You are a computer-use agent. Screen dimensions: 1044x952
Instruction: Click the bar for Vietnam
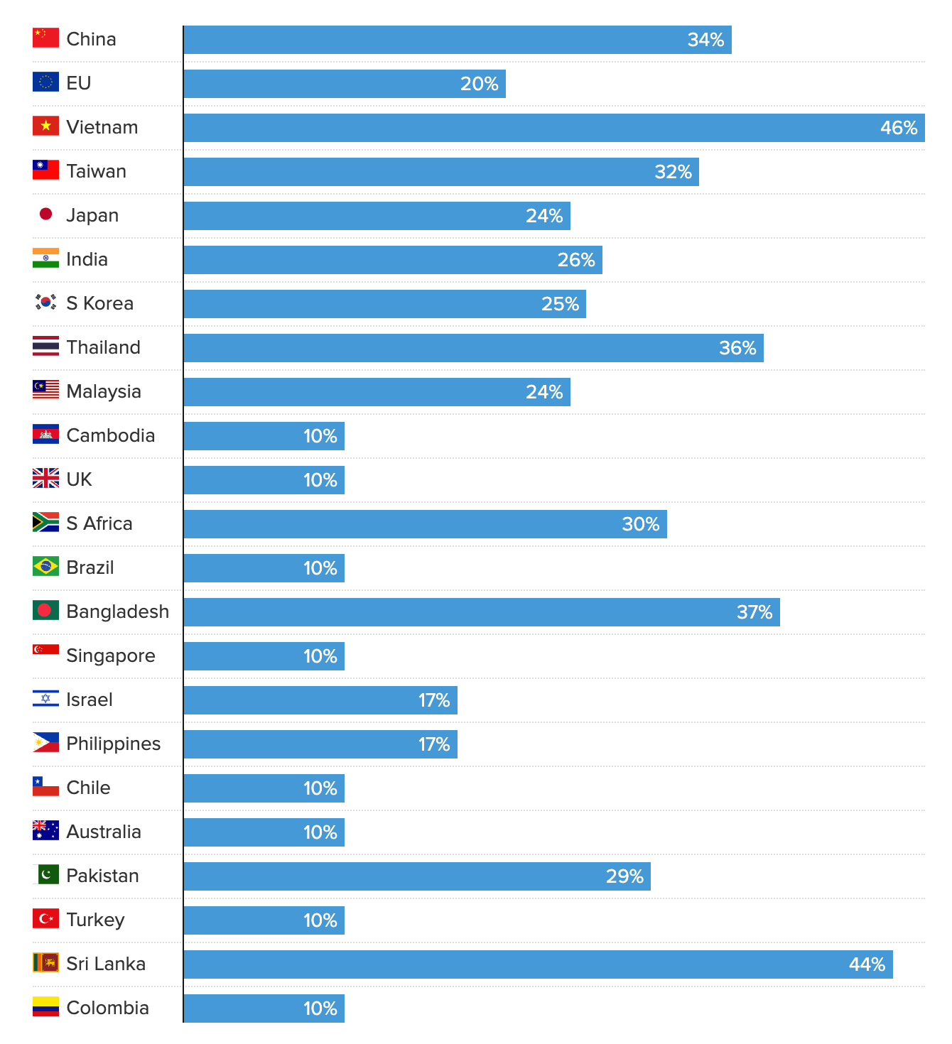(554, 128)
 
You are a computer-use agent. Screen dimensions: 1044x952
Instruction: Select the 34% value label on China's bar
(705, 40)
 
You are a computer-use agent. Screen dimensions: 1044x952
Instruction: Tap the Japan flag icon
(45, 214)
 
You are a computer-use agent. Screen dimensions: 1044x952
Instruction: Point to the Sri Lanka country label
(106, 964)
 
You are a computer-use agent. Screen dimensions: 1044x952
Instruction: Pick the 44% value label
(867, 964)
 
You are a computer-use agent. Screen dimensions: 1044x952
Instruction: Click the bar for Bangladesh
(482, 612)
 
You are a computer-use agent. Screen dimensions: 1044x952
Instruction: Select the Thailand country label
(104, 347)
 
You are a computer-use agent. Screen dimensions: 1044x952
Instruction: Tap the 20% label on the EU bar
(480, 84)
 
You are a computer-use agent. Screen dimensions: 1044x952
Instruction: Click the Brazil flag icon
(45, 566)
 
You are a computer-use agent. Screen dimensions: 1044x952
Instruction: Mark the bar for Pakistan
(417, 876)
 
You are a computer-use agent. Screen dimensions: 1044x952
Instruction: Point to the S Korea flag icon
(45, 302)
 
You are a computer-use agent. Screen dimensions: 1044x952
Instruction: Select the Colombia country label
(108, 1008)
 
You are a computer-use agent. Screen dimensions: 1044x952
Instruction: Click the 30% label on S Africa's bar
(641, 524)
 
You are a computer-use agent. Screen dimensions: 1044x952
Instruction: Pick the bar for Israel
(320, 700)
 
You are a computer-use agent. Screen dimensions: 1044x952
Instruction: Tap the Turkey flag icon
(45, 918)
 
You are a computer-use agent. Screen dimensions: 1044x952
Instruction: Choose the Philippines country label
(114, 744)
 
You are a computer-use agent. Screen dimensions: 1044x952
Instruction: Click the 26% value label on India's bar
(576, 260)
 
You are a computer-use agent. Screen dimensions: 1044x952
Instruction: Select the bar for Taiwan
(441, 172)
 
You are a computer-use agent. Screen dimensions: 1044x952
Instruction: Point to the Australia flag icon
(45, 830)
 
